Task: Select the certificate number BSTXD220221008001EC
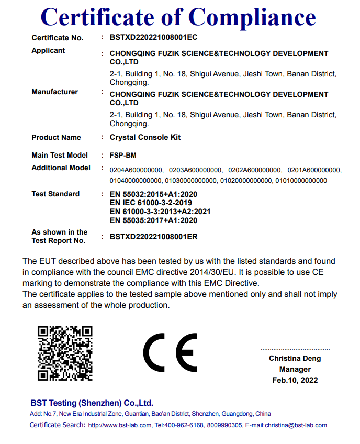tap(153, 37)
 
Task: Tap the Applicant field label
tap(48, 50)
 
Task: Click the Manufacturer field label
tap(54, 92)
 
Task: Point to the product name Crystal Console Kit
tap(145, 137)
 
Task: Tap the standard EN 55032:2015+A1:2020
tap(153, 194)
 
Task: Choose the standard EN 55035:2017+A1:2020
tap(153, 220)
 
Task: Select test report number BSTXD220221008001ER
tap(153, 236)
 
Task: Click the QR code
tap(65, 353)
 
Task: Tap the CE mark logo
tap(170, 352)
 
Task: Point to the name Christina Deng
tap(295, 359)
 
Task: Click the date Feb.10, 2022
tap(295, 380)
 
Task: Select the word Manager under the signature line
tap(295, 369)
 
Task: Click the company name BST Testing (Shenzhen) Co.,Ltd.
tap(92, 403)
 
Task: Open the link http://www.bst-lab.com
tap(120, 425)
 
